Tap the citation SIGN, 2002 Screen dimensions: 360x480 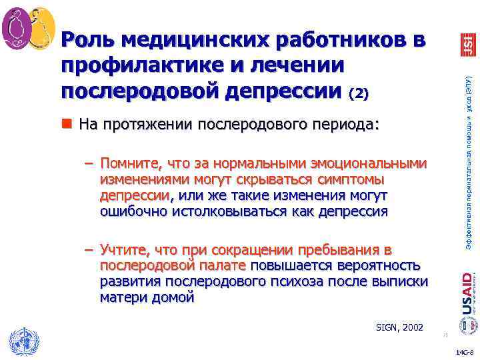pyautogui.click(x=398, y=327)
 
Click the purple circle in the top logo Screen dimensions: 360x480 pyautogui.click(x=17, y=26)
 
